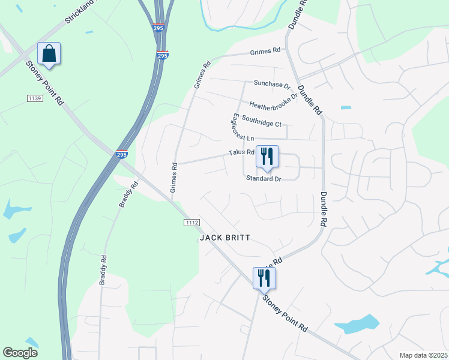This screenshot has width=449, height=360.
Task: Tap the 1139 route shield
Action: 35,98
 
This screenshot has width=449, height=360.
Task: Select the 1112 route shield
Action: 191,222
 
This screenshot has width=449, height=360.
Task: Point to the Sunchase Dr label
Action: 271,85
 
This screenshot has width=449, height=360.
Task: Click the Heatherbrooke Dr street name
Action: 274,101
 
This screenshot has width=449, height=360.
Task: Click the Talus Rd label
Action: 241,152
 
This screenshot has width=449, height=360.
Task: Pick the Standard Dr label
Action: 263,178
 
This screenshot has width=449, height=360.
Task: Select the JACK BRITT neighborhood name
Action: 224,238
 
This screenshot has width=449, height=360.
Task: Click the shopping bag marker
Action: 49,54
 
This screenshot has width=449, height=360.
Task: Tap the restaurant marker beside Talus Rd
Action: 267,157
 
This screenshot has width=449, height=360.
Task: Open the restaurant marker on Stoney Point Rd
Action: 264,278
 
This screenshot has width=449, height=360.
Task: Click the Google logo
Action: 20,353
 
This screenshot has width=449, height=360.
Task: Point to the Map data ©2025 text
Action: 423,355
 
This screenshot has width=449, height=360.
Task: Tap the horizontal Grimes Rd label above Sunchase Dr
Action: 266,51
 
